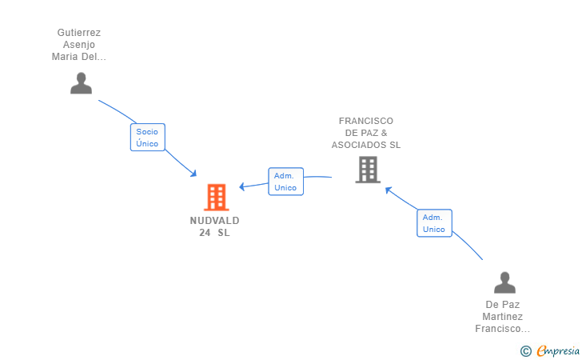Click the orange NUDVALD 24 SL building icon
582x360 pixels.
[x=217, y=198]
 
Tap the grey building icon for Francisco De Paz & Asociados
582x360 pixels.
[x=368, y=170]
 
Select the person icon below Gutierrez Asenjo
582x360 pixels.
[x=81, y=83]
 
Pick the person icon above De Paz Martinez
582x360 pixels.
[x=504, y=282]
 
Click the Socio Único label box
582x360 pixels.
[x=148, y=137]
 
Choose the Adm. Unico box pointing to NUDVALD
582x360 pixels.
[x=286, y=182]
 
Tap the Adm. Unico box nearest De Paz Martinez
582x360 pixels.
[x=434, y=223]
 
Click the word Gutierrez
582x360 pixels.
[x=78, y=33]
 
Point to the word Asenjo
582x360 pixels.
[x=78, y=45]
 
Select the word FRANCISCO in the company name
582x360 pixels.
[x=366, y=121]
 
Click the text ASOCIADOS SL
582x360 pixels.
[x=366, y=145]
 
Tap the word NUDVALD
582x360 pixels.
[x=214, y=221]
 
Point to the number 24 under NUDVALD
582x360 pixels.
[x=205, y=233]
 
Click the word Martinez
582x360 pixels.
[x=503, y=317]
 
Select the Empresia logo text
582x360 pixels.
[x=558, y=350]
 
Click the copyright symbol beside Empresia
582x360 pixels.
[x=526, y=351]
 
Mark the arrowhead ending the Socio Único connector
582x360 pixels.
[x=193, y=174]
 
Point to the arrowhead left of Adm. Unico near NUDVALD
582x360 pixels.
[x=242, y=186]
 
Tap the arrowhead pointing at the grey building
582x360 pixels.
[x=389, y=190]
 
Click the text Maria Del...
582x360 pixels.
[x=78, y=57]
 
